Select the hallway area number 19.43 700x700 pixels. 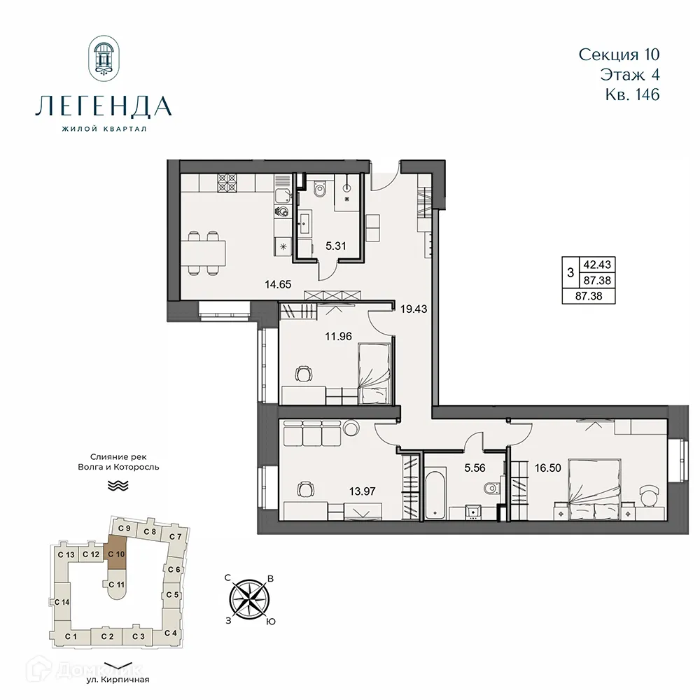tap(414, 307)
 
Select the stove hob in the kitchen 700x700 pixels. tap(227, 183)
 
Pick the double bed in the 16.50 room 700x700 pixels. tap(594, 489)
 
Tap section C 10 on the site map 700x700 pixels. tap(116, 554)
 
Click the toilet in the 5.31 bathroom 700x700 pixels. tap(321, 188)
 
